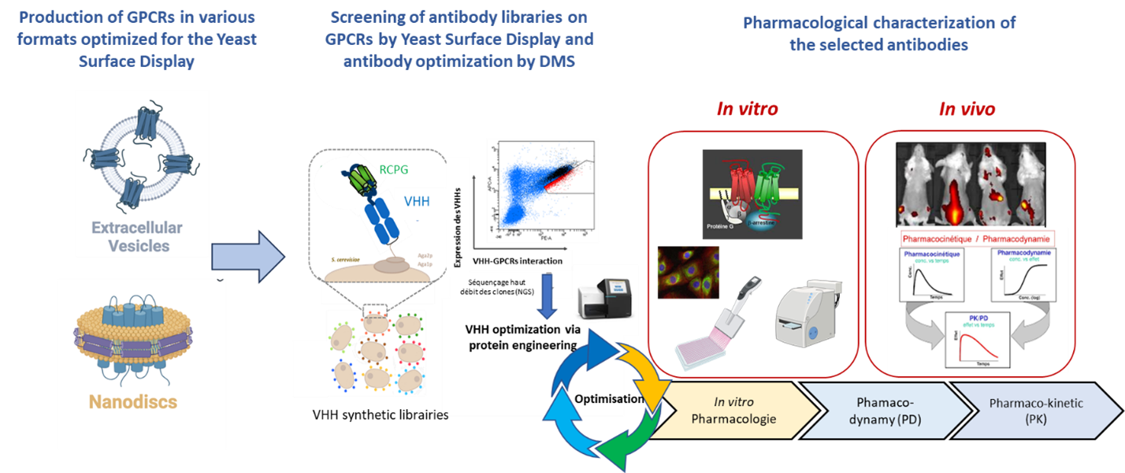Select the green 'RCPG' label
coord(401,167)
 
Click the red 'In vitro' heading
coord(747,110)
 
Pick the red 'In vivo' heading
coord(967,110)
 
